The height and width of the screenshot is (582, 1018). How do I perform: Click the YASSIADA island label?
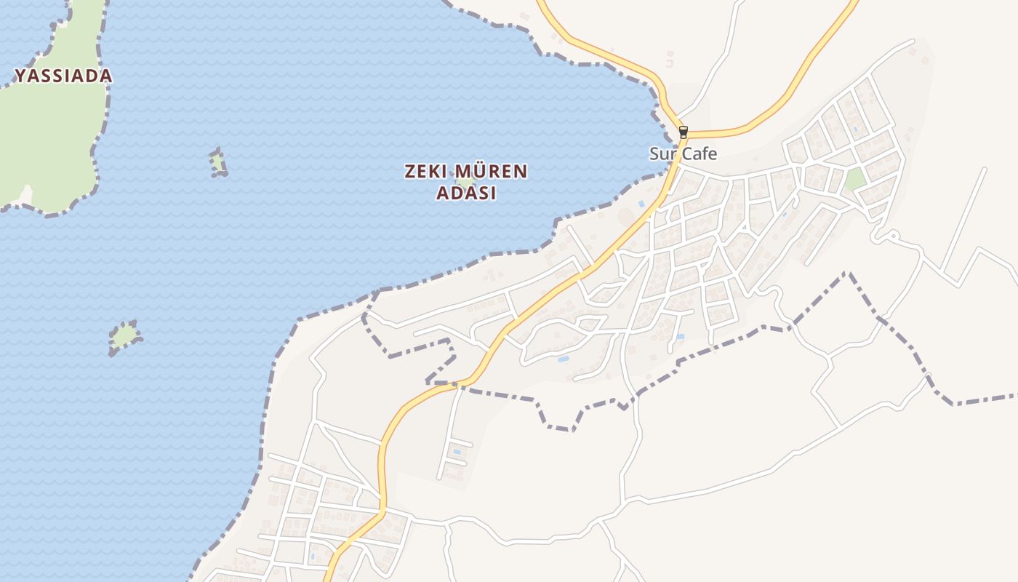point(63,76)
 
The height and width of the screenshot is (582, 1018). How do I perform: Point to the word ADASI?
point(466,194)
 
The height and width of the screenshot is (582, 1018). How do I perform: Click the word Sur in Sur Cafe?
point(662,154)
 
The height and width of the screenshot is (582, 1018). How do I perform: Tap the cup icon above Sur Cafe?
point(683,132)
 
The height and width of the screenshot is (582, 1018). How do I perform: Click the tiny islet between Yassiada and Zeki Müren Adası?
point(218,163)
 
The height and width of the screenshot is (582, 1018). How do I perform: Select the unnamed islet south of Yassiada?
point(125,336)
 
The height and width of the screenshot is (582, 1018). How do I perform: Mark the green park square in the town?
point(855,178)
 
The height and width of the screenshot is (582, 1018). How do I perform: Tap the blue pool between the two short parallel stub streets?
point(457,452)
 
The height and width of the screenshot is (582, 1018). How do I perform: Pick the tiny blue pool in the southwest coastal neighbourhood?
point(313,557)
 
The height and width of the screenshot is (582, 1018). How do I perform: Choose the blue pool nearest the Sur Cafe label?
point(641,204)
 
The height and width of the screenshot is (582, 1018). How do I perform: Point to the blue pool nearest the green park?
point(854,130)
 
